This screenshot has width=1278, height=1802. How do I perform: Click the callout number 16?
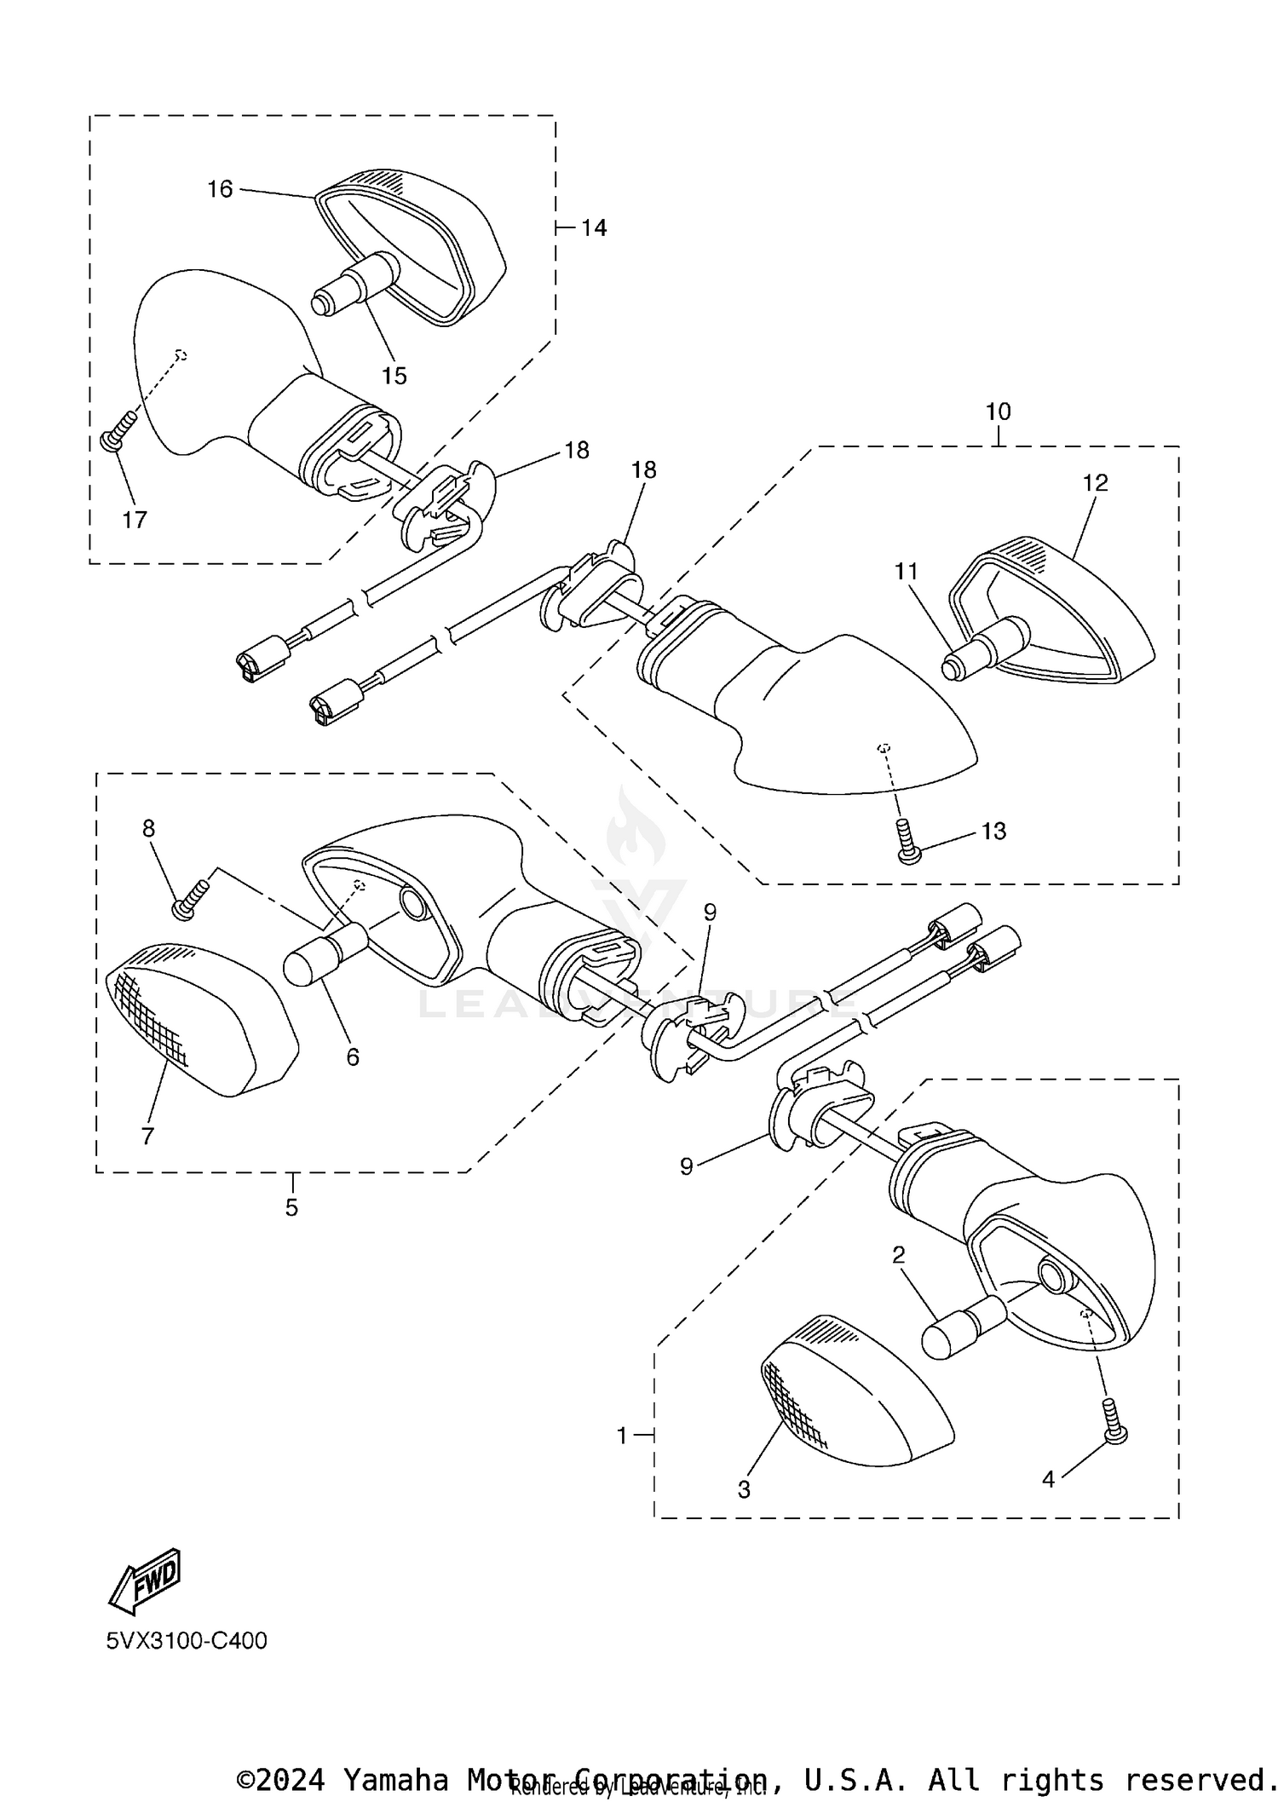point(220,189)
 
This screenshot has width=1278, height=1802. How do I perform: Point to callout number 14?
point(594,228)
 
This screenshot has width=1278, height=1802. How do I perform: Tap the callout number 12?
point(1095,483)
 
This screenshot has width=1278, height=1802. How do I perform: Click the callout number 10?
point(998,412)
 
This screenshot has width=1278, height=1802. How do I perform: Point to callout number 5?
point(291,1207)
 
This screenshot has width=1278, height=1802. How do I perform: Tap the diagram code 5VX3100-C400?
point(187,1640)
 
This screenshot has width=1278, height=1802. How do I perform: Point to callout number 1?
point(622,1436)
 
